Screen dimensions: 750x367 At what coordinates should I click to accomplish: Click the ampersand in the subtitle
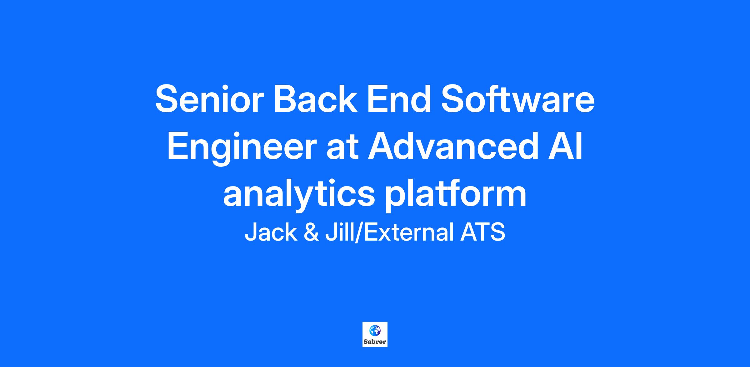(311, 232)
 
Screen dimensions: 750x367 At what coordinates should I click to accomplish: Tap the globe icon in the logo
(375, 330)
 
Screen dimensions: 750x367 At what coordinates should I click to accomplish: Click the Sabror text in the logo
(375, 342)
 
